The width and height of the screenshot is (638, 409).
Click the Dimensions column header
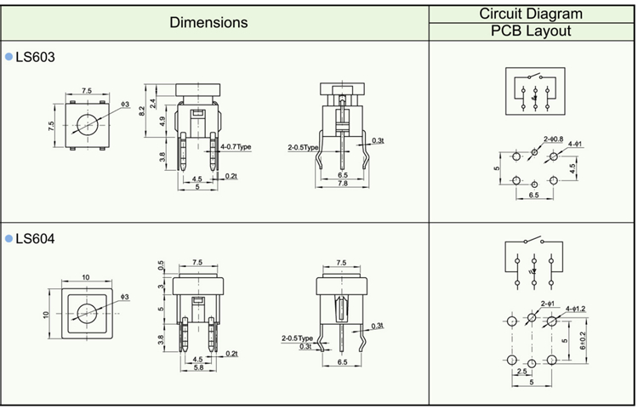click(x=208, y=22)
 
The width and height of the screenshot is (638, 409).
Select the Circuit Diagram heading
click(x=531, y=14)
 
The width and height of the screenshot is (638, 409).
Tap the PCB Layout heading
click(x=531, y=31)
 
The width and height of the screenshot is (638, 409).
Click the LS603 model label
click(x=35, y=56)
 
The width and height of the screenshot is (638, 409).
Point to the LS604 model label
click(x=35, y=239)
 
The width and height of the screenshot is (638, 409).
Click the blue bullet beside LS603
click(x=9, y=56)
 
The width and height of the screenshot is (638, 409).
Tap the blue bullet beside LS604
click(x=9, y=239)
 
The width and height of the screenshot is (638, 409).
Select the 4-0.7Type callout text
click(x=236, y=146)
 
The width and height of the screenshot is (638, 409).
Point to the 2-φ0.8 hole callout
click(x=553, y=139)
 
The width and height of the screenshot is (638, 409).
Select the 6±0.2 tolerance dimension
click(x=583, y=339)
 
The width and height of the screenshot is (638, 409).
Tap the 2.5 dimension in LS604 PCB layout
click(x=521, y=372)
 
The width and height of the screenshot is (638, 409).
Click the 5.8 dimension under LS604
click(x=197, y=367)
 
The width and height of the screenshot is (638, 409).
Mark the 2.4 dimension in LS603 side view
click(x=153, y=104)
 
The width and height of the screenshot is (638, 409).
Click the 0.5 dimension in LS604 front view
click(x=162, y=265)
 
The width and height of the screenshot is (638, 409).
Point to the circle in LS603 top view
click(x=86, y=126)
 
